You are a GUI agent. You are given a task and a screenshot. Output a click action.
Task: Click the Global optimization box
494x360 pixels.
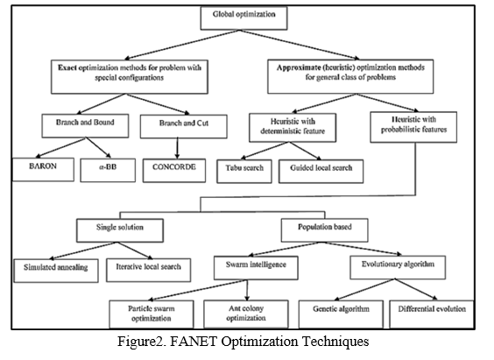[x=243, y=18]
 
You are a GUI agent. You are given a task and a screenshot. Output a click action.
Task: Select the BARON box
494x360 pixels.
[x=43, y=169]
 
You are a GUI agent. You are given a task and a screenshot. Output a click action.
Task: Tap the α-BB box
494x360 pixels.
[x=108, y=170]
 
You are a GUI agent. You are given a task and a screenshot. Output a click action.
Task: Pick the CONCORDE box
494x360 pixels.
[x=174, y=171]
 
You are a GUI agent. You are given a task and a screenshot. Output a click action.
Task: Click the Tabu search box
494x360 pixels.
[x=244, y=172]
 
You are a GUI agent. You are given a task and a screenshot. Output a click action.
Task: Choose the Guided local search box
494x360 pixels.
[x=321, y=172]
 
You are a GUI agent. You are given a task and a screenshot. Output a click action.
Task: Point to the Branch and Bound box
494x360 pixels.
[x=85, y=125]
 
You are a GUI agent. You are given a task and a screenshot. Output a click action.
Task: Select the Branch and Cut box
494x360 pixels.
[x=184, y=126]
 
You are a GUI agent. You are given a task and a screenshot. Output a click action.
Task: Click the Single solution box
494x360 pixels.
[x=120, y=230]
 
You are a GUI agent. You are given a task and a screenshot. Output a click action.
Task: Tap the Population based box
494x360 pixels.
[x=324, y=230]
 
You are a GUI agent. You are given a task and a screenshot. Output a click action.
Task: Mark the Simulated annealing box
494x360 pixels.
[x=56, y=271]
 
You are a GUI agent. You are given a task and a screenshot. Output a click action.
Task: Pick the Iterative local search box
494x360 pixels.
[x=148, y=270]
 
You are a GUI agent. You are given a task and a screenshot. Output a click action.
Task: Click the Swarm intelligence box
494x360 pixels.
[x=256, y=268]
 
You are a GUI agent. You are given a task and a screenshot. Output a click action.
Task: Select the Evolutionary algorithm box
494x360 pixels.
[x=398, y=267]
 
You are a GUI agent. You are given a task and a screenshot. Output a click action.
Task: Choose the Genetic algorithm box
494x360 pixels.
[x=341, y=314]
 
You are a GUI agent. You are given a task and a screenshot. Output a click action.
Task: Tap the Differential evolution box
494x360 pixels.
[x=432, y=314]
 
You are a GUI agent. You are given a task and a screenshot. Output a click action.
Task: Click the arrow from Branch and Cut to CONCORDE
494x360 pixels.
[x=178, y=148]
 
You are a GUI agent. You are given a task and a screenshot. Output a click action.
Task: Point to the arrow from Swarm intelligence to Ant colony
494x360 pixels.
[x=247, y=290]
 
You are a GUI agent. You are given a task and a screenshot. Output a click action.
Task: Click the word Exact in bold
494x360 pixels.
[x=67, y=67]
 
